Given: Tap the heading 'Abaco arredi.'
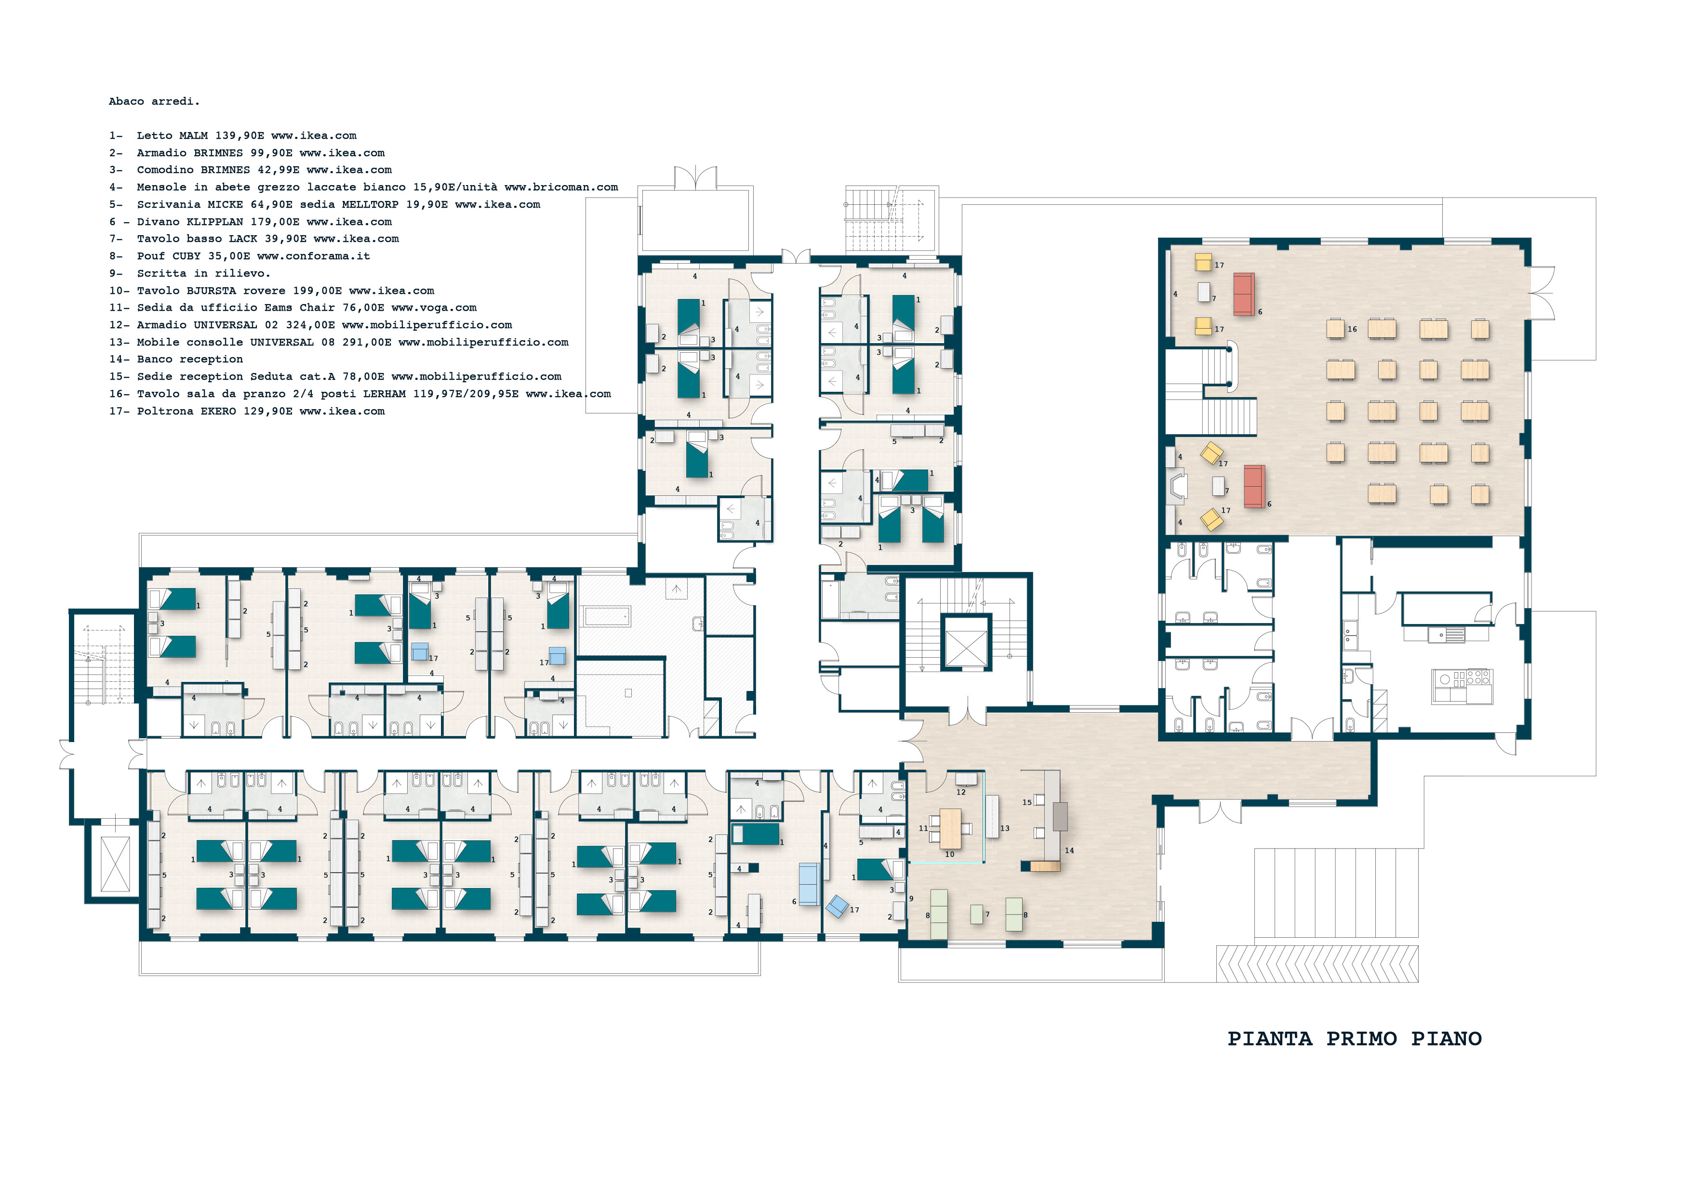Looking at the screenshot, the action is [x=154, y=102].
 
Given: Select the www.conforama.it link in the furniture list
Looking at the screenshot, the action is [x=314, y=256].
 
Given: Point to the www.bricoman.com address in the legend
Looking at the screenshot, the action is [x=561, y=187].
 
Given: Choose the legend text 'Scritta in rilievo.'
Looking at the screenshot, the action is [x=203, y=273].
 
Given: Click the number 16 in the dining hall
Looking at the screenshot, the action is [x=1351, y=329].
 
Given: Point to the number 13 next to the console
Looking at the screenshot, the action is [x=1005, y=829].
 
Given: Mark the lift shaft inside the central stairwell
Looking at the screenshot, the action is [x=966, y=643].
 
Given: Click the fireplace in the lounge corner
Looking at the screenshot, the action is [x=1176, y=487].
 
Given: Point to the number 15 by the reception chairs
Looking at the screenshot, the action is [x=1027, y=803].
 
